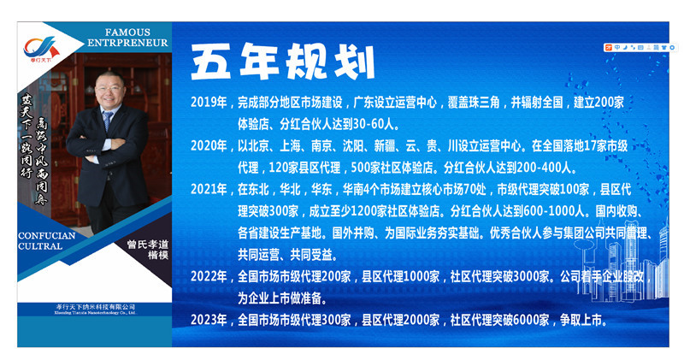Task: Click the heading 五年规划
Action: point(281,62)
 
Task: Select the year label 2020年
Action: point(209,145)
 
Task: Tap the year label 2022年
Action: point(209,277)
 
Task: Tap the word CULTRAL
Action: point(41,246)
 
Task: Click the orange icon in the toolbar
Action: point(607,47)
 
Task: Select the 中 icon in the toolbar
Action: point(616,47)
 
